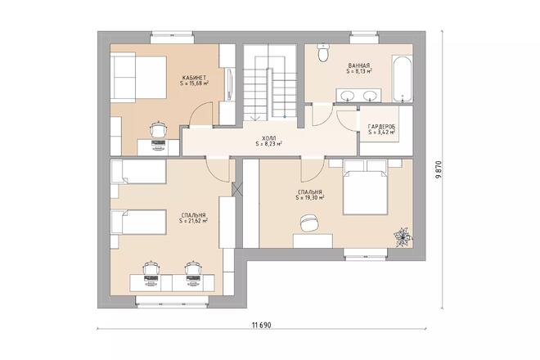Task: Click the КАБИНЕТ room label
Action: [194, 76]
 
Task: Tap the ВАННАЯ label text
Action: [359, 65]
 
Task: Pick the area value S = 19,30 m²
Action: [311, 197]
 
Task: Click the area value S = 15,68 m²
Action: [194, 83]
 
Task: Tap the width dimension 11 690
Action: [262, 324]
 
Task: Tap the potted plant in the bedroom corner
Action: [402, 236]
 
